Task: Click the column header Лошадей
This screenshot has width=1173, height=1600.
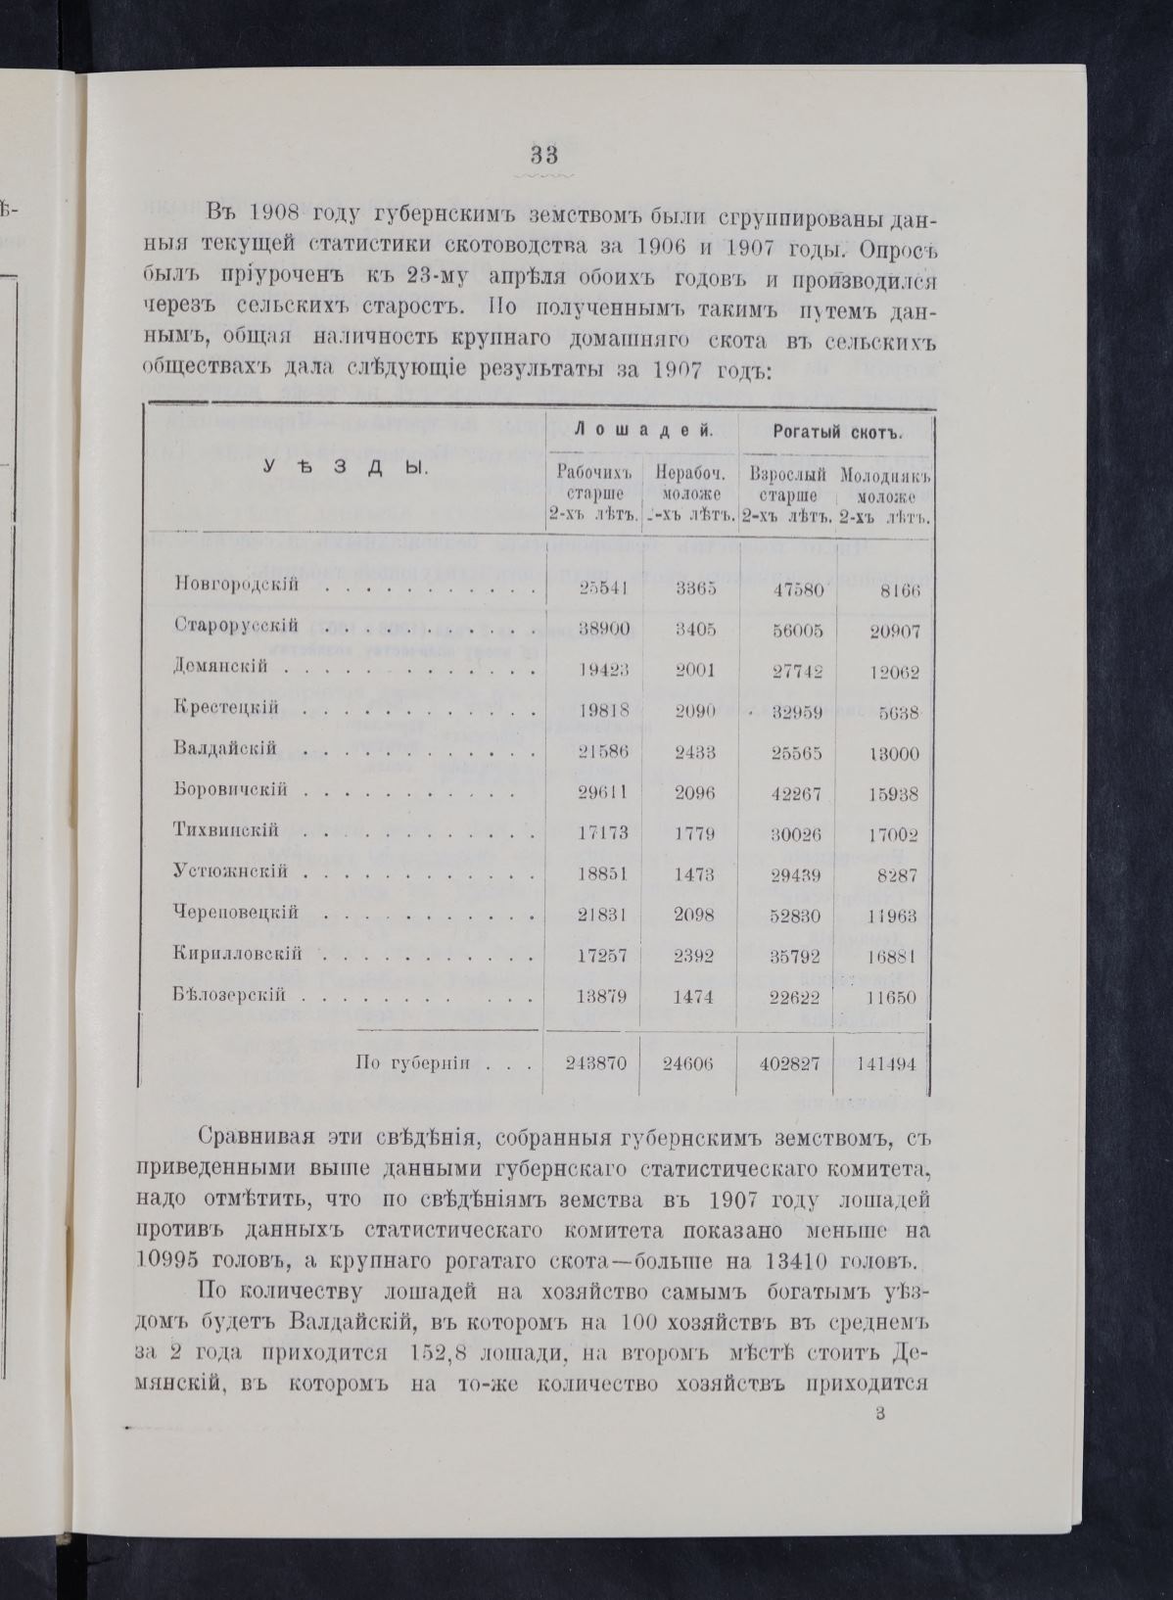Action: tap(640, 431)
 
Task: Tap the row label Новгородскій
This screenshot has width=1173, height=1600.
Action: tap(236, 588)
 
